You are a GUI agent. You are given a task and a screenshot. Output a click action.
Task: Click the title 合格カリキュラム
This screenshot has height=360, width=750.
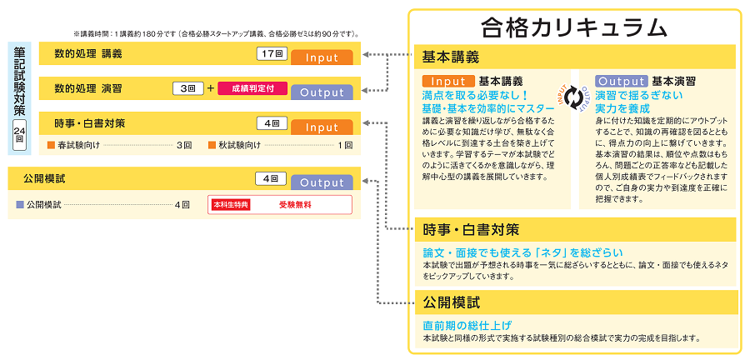[574, 27]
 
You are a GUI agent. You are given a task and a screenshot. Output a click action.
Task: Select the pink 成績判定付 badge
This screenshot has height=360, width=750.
[253, 87]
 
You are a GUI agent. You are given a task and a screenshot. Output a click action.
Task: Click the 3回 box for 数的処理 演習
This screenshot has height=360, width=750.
[187, 87]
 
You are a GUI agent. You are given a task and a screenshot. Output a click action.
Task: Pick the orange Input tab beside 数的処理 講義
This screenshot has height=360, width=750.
[322, 58]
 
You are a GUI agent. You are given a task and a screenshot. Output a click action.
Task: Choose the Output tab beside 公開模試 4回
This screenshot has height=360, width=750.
[322, 182]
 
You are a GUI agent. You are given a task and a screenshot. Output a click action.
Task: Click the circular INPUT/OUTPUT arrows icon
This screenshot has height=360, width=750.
[572, 97]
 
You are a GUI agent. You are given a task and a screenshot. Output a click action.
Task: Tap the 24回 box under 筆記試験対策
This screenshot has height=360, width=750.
[20, 135]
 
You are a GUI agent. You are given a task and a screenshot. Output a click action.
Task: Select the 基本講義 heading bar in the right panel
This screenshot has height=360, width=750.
[574, 57]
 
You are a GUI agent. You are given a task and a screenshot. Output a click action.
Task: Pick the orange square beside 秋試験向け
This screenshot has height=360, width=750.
[212, 145]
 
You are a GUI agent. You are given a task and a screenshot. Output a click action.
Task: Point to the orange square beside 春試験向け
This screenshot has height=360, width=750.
[52, 145]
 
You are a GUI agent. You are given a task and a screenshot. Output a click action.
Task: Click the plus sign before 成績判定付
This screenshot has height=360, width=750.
[210, 87]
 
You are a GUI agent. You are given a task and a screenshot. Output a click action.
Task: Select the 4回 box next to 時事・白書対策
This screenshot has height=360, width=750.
[272, 123]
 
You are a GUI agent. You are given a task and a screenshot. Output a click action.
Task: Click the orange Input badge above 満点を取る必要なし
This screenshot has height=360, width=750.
[448, 82]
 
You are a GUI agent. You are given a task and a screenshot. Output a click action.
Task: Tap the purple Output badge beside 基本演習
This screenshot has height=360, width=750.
[621, 82]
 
